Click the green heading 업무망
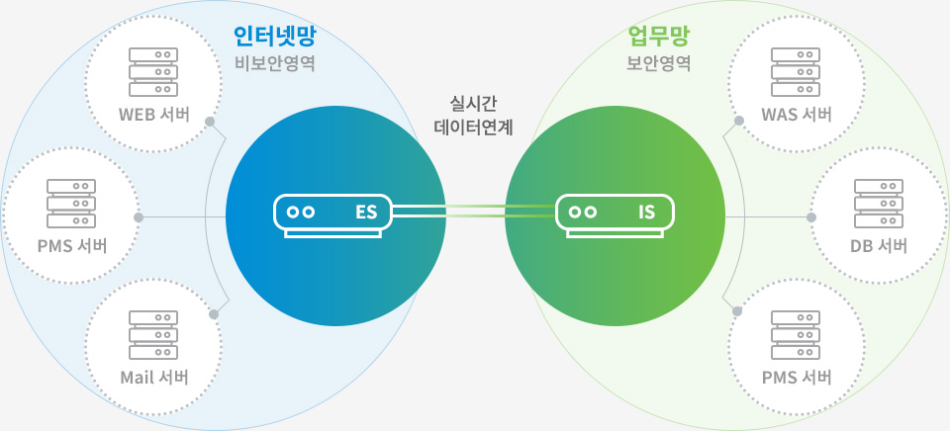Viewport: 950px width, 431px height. (659, 38)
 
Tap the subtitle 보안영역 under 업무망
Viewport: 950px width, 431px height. (659, 64)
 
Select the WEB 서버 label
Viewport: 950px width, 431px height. (153, 113)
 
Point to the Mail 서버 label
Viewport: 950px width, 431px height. (153, 377)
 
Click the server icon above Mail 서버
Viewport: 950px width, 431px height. (153, 333)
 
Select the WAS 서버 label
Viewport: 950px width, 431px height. (796, 113)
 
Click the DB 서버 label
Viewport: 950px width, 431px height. (879, 245)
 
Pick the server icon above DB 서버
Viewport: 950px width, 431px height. (879, 201)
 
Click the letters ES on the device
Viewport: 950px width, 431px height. (366, 212)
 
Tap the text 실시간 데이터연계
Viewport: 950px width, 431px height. (474, 115)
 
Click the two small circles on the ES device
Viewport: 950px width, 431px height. (301, 212)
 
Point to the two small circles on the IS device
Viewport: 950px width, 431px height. (583, 212)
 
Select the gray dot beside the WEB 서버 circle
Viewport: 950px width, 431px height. (210, 123)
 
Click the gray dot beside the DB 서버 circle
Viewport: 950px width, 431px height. (811, 216)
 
